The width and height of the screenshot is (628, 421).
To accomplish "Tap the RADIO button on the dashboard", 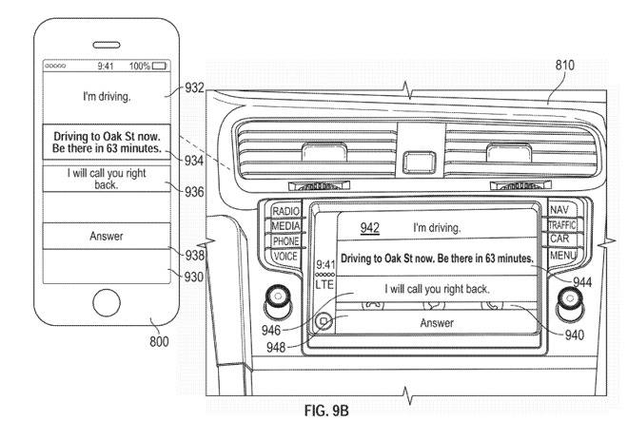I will point(285,211).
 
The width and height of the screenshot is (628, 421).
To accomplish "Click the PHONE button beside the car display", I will point(285,240).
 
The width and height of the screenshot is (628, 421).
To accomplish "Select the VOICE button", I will point(285,256).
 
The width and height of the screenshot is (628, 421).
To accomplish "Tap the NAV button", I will point(559,210).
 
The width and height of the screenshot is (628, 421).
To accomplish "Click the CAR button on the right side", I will point(559,239).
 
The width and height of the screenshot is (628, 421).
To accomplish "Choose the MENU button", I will point(560,256).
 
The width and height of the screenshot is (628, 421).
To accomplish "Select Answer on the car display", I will point(437,323).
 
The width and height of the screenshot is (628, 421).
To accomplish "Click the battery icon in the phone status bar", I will point(158,66).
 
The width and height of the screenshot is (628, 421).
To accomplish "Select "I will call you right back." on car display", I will point(437,288).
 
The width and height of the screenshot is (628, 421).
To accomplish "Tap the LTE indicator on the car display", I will point(324,283).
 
